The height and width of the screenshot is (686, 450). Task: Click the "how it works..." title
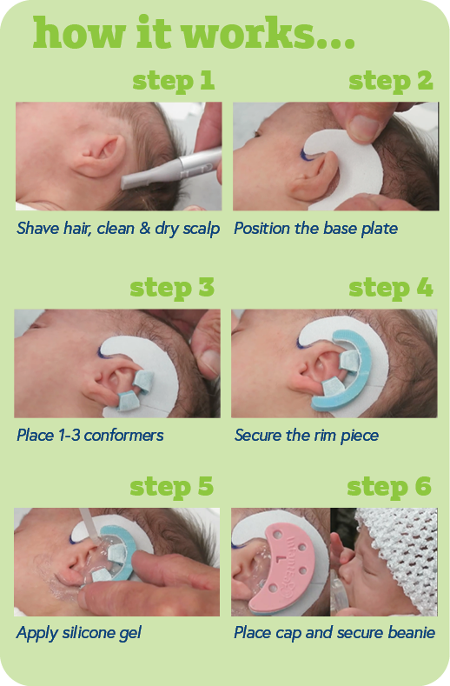tap(194, 33)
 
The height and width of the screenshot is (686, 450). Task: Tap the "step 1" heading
tap(173, 82)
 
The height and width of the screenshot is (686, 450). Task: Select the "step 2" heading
tap(391, 82)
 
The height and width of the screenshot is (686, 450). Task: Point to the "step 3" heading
tap(172, 289)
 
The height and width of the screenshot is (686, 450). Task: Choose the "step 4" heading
tap(391, 289)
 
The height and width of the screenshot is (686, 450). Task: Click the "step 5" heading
tap(171, 487)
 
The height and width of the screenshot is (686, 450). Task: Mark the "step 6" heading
tap(389, 487)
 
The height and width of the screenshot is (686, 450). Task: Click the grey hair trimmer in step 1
tap(170, 169)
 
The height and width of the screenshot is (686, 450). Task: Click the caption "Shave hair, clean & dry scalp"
tap(118, 229)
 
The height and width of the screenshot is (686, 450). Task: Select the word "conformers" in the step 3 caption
tap(123, 436)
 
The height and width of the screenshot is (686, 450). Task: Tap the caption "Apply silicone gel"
tap(79, 633)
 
